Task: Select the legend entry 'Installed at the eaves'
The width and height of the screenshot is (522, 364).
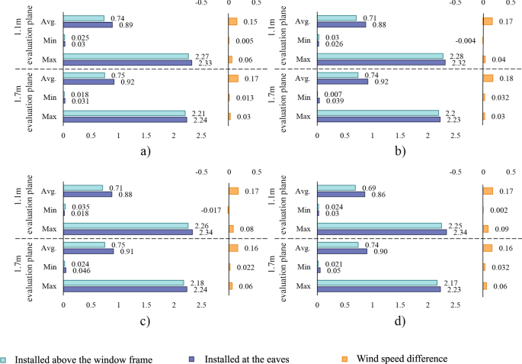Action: [243, 358]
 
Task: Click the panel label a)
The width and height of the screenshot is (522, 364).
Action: [146, 150]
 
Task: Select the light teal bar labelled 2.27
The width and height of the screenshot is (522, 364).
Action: [126, 56]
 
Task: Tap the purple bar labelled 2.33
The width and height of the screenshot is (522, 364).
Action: [127, 62]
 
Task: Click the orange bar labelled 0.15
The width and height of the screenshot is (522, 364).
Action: [232, 21]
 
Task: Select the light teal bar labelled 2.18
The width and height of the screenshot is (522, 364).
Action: [123, 282]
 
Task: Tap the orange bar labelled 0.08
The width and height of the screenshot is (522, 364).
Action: [231, 228]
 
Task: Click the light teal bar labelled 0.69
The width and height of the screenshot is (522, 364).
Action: [337, 188]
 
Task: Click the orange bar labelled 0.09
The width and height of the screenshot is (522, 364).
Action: [485, 228]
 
